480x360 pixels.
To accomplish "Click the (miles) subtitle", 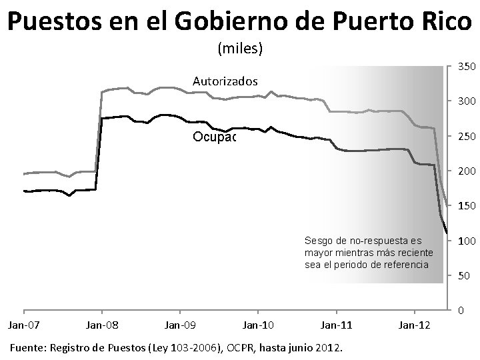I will [x=240, y=49].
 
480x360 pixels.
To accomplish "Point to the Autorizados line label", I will [x=225, y=81].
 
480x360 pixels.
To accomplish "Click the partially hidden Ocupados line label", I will [x=215, y=137].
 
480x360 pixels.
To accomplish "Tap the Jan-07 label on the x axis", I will [x=23, y=325].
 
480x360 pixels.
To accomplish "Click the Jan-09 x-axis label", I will [x=179, y=325].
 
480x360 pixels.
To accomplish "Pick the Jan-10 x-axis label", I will [x=258, y=325].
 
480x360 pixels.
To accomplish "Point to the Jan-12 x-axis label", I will [x=414, y=325].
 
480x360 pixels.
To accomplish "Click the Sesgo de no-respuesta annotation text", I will [x=368, y=252].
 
